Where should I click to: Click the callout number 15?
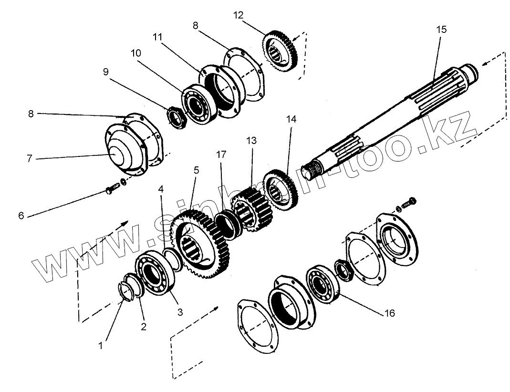(441, 30)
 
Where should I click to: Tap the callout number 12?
(238, 15)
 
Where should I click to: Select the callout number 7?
(29, 158)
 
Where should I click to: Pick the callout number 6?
(21, 216)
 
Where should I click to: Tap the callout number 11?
(158, 38)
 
